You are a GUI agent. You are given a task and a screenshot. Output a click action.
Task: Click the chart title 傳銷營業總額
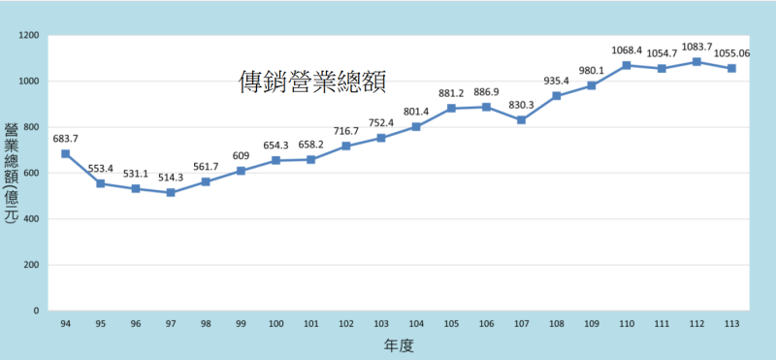click(312, 82)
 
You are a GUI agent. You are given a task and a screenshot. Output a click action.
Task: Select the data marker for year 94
click(66, 153)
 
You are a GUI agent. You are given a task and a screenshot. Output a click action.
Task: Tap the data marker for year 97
click(171, 192)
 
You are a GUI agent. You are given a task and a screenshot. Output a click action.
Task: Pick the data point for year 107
click(521, 120)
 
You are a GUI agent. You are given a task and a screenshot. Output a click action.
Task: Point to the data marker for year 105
click(451, 109)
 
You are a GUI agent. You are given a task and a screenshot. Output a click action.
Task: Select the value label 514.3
click(171, 176)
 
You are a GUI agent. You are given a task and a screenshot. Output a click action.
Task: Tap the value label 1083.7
click(696, 47)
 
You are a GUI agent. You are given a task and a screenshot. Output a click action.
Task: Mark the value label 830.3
click(521, 104)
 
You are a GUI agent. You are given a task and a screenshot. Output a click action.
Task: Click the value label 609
click(241, 155)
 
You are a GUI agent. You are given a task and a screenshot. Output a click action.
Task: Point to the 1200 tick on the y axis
click(29, 36)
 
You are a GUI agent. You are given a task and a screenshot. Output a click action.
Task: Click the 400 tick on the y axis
click(32, 219)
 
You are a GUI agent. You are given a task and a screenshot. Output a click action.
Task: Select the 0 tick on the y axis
click(37, 311)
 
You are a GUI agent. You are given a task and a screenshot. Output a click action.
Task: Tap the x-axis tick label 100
click(275, 323)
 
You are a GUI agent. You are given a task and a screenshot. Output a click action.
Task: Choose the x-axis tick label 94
click(66, 323)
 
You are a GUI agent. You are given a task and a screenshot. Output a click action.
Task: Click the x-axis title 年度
click(398, 344)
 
